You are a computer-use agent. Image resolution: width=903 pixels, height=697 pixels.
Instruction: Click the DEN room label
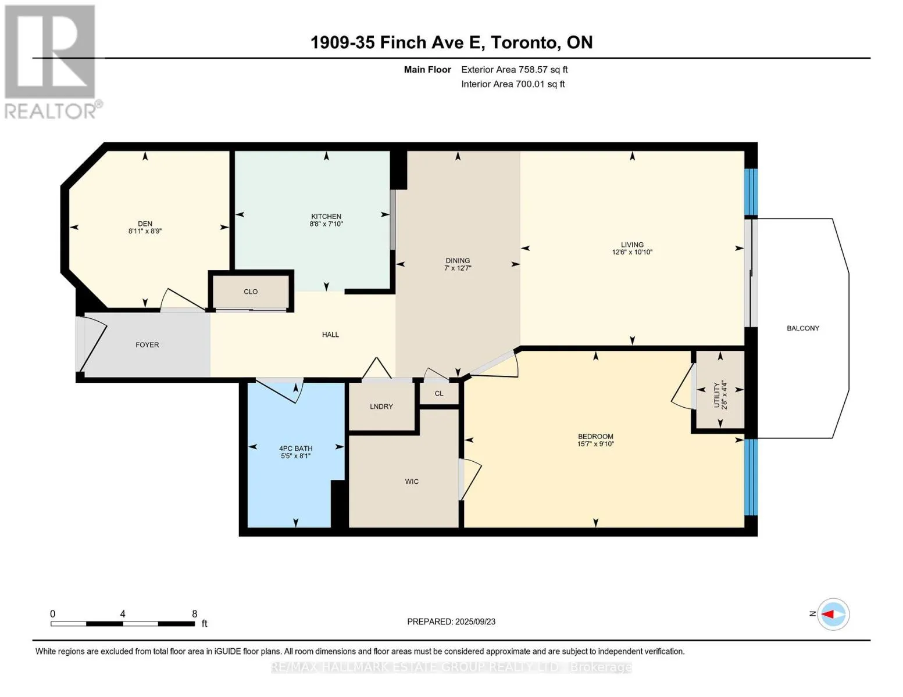coord(145,224)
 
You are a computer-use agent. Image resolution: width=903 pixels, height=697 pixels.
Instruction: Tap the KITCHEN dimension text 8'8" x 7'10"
coord(326,224)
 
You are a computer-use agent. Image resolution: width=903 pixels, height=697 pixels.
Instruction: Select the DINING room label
coord(458,261)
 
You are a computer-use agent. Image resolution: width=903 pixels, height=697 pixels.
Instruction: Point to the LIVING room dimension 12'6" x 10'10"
coord(632,252)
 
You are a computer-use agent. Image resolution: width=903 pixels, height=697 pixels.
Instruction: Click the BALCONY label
coord(803,328)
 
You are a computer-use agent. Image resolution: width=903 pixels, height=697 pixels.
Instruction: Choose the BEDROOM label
coord(595,436)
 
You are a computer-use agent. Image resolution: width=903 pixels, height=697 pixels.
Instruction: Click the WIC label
coord(412,482)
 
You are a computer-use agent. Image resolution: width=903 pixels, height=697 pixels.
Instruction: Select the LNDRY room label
coord(381,407)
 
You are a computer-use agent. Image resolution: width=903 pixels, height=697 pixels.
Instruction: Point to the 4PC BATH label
coord(295,448)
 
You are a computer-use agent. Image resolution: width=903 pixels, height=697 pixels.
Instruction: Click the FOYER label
coord(147,345)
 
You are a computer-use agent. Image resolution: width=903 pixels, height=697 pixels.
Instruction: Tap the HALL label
coord(330,335)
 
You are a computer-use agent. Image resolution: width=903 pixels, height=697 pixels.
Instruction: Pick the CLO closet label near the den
coord(251,292)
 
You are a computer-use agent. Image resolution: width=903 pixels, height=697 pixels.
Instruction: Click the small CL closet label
coord(439,394)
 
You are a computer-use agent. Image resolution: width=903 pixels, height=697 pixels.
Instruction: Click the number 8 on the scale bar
coord(194,613)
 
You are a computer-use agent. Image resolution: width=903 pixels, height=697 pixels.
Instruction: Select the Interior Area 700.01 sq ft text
coord(513,84)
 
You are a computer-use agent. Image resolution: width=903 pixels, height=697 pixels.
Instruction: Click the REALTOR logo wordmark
coord(51,112)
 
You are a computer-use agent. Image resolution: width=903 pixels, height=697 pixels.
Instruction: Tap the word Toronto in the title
coord(523,43)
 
